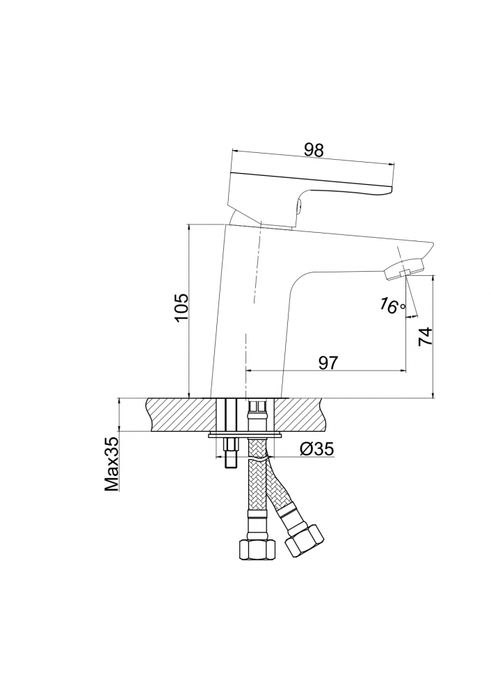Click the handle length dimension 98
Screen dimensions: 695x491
pos(314,149)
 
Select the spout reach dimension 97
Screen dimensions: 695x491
pos(328,361)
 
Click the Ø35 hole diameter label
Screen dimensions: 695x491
pos(316,450)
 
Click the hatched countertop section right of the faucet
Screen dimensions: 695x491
pos(303,414)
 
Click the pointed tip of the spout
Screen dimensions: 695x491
pos(431,244)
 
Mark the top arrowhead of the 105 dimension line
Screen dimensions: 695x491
pos(189,227)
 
